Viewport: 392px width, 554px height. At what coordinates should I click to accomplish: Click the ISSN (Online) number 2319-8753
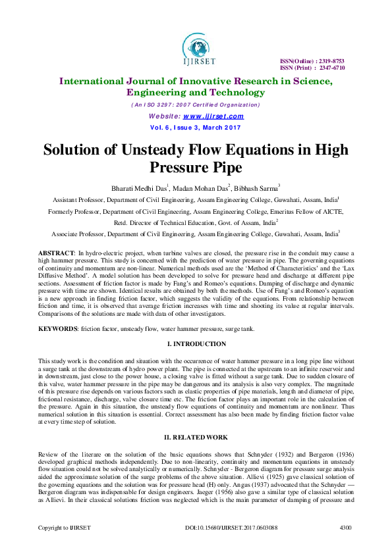pyautogui.click(x=330, y=61)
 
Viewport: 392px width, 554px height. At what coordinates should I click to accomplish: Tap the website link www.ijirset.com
pyautogui.click(x=215, y=116)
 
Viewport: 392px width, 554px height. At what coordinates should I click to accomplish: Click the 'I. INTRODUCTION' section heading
pyautogui.click(x=196, y=344)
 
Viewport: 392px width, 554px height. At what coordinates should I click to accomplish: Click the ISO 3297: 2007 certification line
pyautogui.click(x=196, y=105)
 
